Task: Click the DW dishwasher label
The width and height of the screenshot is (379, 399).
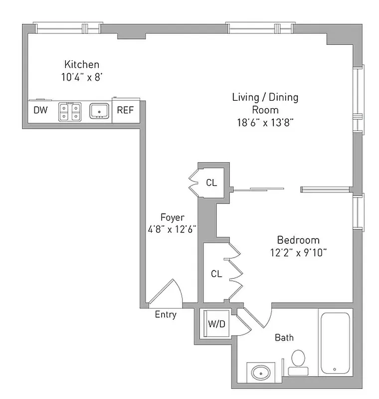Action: (x=40, y=110)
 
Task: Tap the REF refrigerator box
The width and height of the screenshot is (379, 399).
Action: (x=125, y=110)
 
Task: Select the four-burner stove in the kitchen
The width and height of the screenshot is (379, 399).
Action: (x=69, y=111)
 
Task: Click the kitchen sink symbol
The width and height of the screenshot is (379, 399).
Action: (x=100, y=111)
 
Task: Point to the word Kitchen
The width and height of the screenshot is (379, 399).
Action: (x=82, y=64)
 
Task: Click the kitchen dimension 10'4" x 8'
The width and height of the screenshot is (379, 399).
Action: (x=82, y=77)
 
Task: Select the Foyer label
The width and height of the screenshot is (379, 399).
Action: (x=172, y=217)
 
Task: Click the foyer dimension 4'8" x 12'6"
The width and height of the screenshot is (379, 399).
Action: (x=172, y=230)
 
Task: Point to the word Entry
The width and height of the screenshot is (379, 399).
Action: (x=166, y=315)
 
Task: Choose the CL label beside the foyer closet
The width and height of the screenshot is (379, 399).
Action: (x=211, y=183)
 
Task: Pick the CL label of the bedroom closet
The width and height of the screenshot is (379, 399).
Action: (x=216, y=274)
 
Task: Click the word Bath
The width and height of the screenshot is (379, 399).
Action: (x=284, y=338)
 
